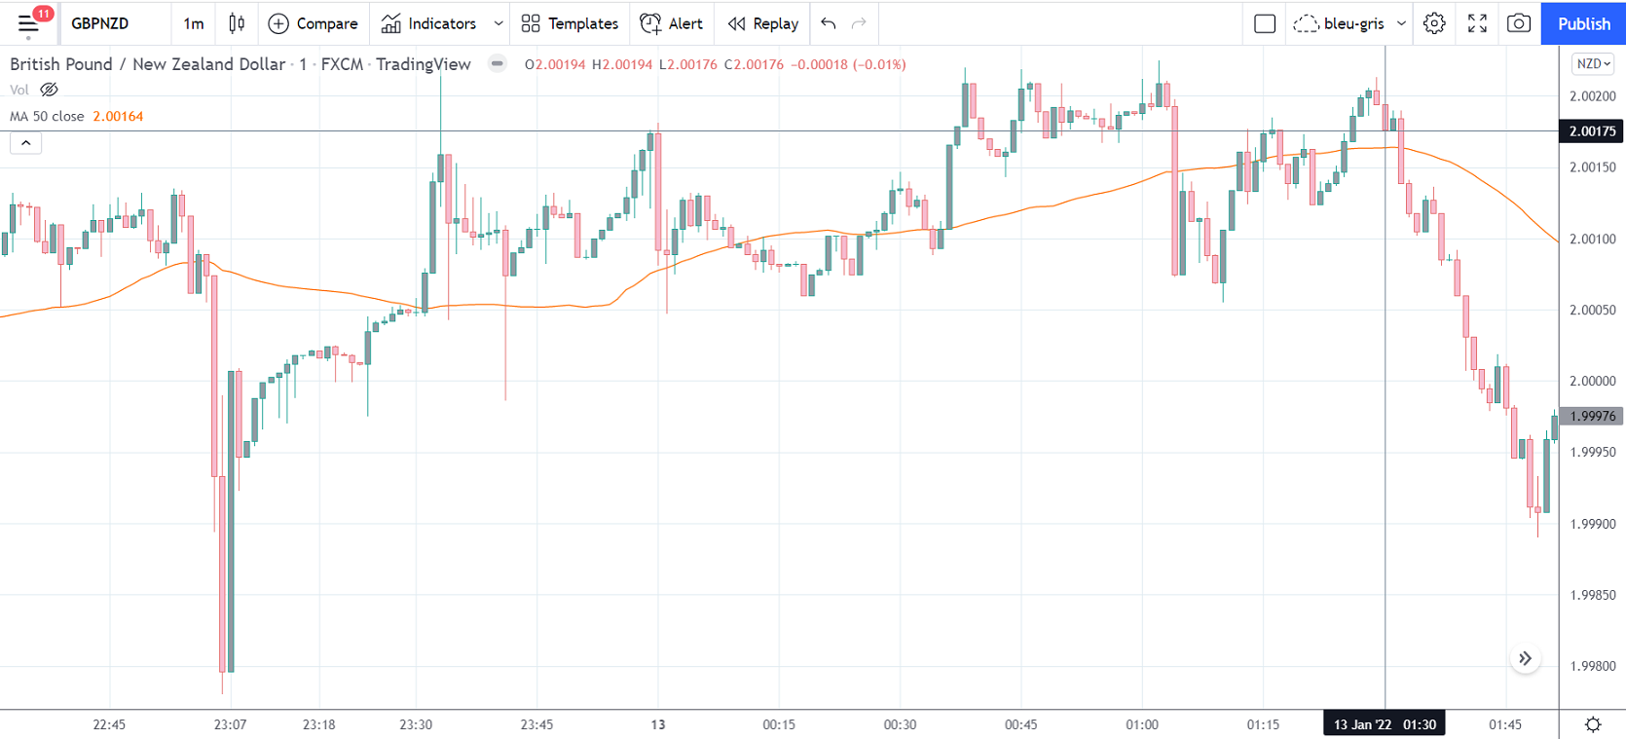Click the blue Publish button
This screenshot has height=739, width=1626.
[1583, 23]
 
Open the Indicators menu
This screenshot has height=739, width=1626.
[429, 23]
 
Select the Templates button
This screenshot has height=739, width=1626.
[570, 23]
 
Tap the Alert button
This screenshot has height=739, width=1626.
[672, 23]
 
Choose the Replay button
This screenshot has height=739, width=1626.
[763, 23]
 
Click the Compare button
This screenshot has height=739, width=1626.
[314, 23]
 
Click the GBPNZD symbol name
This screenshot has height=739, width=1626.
[100, 23]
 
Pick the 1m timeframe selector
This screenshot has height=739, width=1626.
[194, 23]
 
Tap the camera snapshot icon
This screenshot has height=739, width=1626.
[1518, 23]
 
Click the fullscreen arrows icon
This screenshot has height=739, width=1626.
[1477, 23]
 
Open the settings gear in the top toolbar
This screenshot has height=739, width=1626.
[1434, 23]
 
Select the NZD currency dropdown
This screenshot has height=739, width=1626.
[1593, 64]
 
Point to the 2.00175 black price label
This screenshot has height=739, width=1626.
[1592, 131]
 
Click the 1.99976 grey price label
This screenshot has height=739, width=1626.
[1592, 417]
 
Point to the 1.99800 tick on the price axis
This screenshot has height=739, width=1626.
[1592, 667]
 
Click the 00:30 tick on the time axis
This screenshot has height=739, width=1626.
[900, 724]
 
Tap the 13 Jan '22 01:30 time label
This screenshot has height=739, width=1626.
[1384, 724]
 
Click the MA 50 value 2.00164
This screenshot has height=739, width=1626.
[118, 116]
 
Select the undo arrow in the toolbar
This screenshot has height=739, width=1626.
[829, 23]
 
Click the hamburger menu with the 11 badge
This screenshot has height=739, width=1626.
[28, 23]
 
